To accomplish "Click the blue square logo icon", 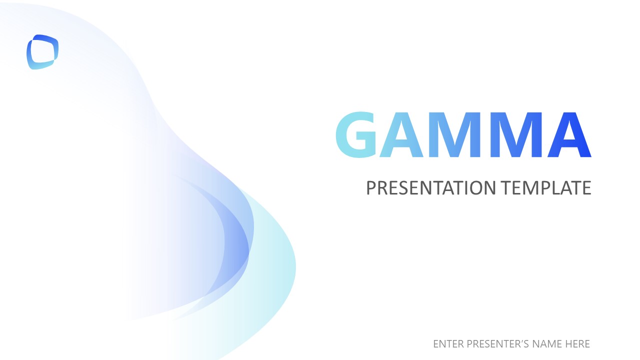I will pyautogui.click(x=42, y=52).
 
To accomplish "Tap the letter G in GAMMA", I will pyautogui.click(x=356, y=135).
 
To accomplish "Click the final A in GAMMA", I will pyautogui.click(x=569, y=135).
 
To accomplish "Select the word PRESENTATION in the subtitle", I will pyautogui.click(x=431, y=188).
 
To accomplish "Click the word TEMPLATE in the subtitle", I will pyautogui.click(x=546, y=188).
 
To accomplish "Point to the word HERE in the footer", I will pyautogui.click(x=578, y=344).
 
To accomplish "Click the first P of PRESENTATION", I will pyautogui.click(x=371, y=188).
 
